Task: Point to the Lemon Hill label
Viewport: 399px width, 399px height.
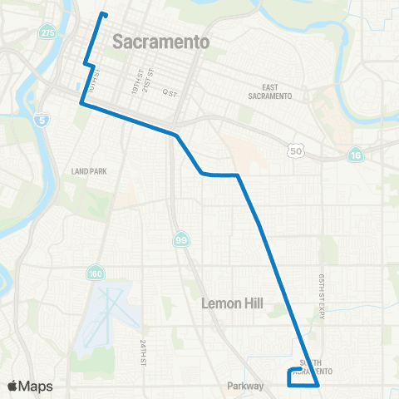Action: (232, 304)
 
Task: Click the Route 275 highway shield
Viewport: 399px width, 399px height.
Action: (48, 32)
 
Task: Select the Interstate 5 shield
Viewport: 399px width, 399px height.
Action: (42, 121)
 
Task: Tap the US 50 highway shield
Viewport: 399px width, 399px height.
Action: (297, 150)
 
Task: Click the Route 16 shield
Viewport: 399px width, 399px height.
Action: (356, 155)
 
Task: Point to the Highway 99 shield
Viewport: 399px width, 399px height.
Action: (181, 240)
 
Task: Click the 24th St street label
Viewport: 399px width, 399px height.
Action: (143, 353)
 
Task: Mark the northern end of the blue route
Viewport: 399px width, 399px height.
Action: (103, 13)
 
